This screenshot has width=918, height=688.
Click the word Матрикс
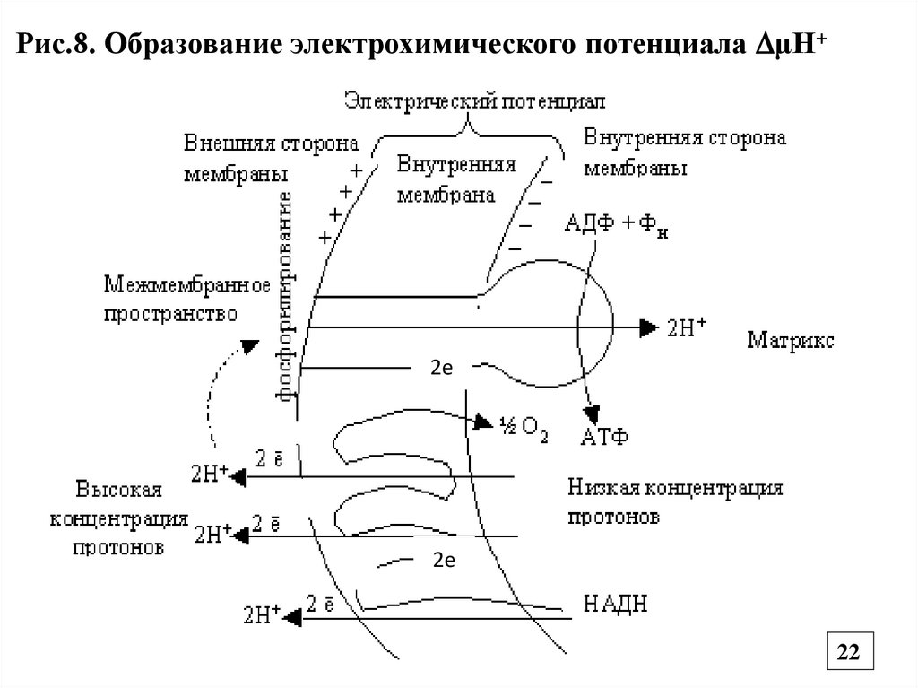[790, 340]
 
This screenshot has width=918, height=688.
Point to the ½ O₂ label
[522, 425]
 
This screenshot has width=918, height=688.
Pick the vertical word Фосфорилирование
[287, 296]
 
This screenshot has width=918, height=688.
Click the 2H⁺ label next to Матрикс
[687, 329]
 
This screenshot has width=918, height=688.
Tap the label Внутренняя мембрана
[457, 179]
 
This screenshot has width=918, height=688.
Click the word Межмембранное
[187, 285]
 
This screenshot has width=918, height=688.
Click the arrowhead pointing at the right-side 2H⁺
[647, 329]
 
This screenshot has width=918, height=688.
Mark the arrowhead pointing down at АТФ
[591, 413]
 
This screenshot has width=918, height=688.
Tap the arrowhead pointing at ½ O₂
[483, 422]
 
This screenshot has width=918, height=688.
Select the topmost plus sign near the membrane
[357, 170]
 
